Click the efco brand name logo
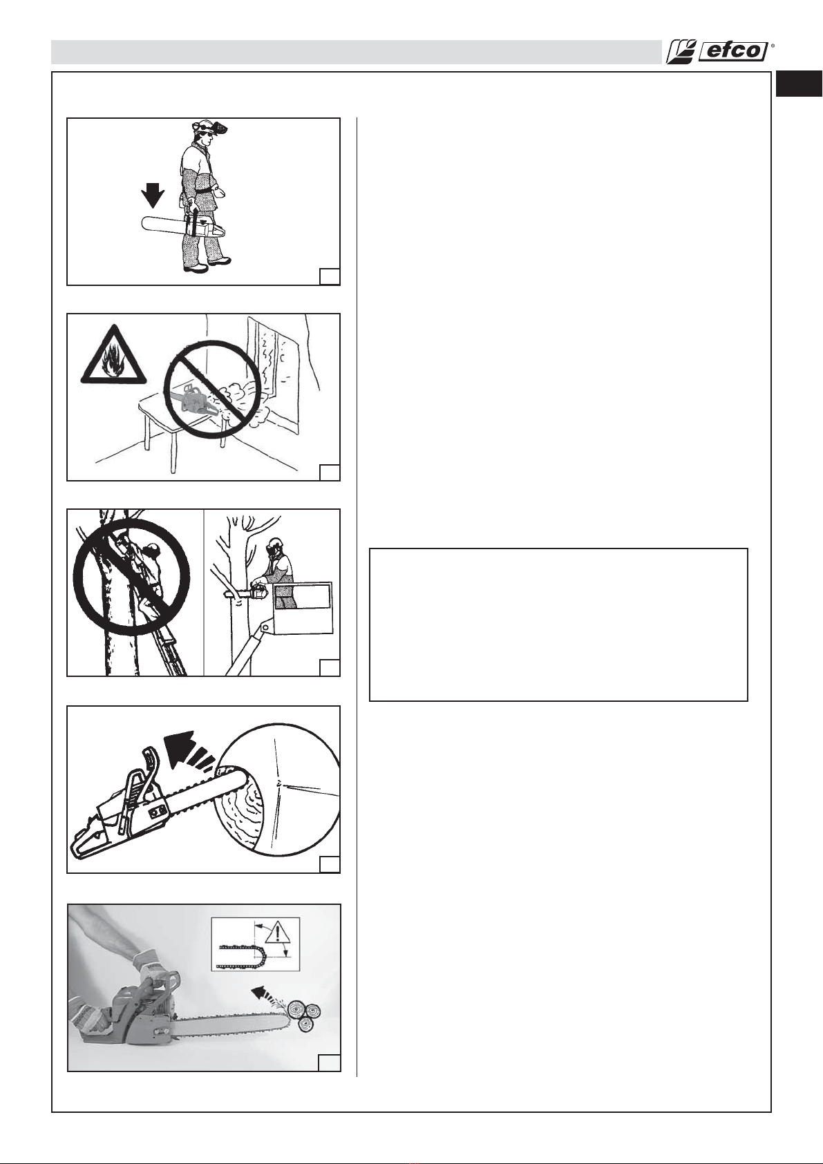[x=732, y=53]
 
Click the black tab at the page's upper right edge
[x=800, y=84]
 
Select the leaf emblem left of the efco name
[x=679, y=53]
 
